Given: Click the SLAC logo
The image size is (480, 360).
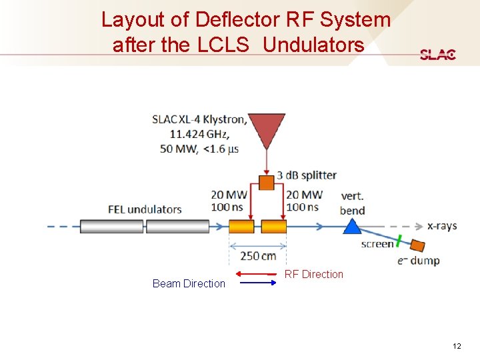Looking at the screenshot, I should pyautogui.click(x=438, y=55).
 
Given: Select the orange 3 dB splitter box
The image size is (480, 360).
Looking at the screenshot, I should pyautogui.click(x=266, y=182).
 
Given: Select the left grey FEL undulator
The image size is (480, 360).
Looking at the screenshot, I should pyautogui.click(x=111, y=227).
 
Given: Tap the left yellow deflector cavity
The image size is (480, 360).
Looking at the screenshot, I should pyautogui.click(x=241, y=227).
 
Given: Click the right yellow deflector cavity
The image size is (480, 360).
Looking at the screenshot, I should pyautogui.click(x=273, y=227).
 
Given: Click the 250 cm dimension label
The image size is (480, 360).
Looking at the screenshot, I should pyautogui.click(x=258, y=256).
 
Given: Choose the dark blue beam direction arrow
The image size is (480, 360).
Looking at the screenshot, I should pyautogui.click(x=257, y=283).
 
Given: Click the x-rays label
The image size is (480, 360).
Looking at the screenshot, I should pyautogui.click(x=442, y=226).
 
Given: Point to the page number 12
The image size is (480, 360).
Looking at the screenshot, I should pyautogui.click(x=457, y=346).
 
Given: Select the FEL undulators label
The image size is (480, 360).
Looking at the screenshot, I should pyautogui.click(x=145, y=209).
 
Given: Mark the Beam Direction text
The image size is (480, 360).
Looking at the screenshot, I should pyautogui.click(x=189, y=283).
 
